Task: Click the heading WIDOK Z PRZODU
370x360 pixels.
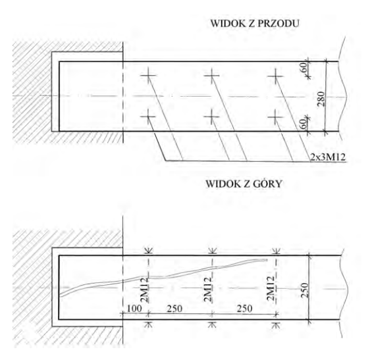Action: (255, 24)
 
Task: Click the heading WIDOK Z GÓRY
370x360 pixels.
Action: (244, 184)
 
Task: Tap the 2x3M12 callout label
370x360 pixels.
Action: (328, 157)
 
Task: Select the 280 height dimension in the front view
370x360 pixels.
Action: (321, 99)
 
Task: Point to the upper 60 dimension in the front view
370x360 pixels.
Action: (305, 67)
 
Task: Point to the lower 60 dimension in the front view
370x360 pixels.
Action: (305, 124)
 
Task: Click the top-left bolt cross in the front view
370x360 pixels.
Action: (148, 76)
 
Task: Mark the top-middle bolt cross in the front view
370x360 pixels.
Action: (212, 76)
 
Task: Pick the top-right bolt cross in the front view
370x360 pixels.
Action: (275, 76)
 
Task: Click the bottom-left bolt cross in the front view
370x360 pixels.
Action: (148, 116)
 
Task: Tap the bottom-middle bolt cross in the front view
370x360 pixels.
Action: (212, 116)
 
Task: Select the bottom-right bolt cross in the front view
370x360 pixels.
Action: (275, 116)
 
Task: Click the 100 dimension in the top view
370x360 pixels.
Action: (134, 309)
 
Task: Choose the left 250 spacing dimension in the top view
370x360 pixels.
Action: (174, 309)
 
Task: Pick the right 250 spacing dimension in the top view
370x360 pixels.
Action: (244, 309)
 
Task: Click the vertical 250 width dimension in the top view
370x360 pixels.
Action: (305, 290)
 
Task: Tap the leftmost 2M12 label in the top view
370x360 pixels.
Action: (144, 290)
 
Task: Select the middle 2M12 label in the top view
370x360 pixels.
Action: (207, 289)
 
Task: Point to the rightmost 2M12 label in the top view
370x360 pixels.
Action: (271, 288)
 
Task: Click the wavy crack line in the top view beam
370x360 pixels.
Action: (163, 276)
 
